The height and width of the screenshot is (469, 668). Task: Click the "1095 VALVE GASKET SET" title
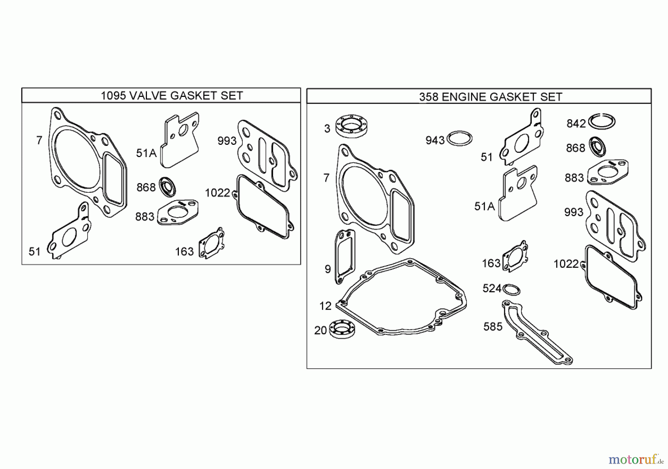pyautogui.click(x=171, y=96)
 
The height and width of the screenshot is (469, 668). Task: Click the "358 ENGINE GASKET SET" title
pyautogui.click(x=490, y=97)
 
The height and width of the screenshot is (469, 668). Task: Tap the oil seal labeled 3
pyautogui.click(x=350, y=127)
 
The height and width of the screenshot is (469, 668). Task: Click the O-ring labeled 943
pyautogui.click(x=459, y=139)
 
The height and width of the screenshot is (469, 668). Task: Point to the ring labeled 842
pyautogui.click(x=602, y=121)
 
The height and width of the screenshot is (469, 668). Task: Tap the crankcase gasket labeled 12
pyautogui.click(x=401, y=297)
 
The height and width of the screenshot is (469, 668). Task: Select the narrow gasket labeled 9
pyautogui.click(x=345, y=256)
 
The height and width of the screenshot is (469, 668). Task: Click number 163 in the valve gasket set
pyautogui.click(x=184, y=252)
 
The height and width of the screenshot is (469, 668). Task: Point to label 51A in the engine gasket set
pyautogui.click(x=484, y=206)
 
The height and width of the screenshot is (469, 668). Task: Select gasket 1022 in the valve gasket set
pyautogui.click(x=263, y=206)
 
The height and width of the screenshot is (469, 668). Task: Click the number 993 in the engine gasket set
pyautogui.click(x=573, y=212)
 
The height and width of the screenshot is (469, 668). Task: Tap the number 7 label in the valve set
pyautogui.click(x=39, y=140)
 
